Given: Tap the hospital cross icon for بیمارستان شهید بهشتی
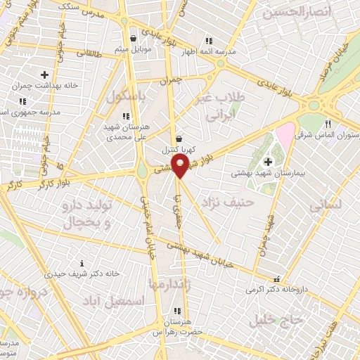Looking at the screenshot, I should coord(268,162).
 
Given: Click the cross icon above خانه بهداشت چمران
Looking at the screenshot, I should coord(44,74).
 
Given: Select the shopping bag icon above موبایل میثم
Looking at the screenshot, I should coord(134,39).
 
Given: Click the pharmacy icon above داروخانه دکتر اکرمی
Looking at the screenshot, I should coord(276,278).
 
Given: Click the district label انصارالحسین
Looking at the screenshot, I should coord(295,12).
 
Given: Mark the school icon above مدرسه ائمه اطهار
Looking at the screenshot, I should coord(207,40).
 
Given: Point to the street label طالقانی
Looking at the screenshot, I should coord(89,53).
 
